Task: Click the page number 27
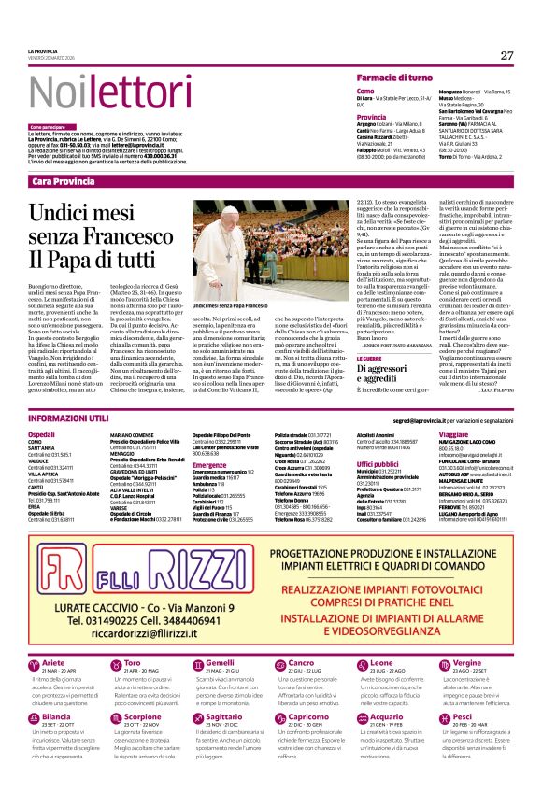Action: (506, 55)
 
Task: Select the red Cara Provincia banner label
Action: (63, 180)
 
